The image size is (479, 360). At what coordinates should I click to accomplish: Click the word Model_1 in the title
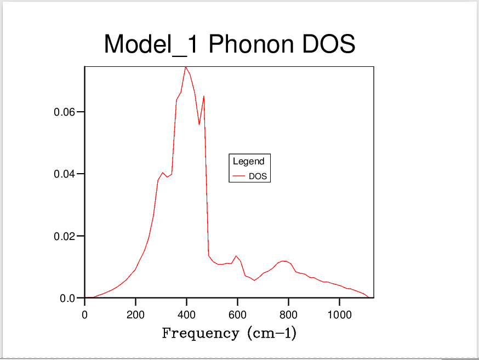click(x=151, y=44)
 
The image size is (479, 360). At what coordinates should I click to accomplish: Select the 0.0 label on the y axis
click(x=68, y=299)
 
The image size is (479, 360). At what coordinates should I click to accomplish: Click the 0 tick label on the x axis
click(x=84, y=315)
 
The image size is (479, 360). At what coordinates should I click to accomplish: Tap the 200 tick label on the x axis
click(x=135, y=315)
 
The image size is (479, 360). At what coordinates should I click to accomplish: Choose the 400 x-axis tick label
click(x=186, y=315)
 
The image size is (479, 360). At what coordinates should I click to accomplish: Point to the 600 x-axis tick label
click(x=237, y=315)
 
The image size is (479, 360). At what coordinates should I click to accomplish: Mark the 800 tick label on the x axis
click(x=288, y=315)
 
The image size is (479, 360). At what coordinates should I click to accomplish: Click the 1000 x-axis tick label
click(x=339, y=315)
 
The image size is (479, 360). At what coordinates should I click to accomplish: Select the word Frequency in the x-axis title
click(x=201, y=333)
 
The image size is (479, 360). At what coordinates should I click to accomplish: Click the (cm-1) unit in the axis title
click(x=272, y=333)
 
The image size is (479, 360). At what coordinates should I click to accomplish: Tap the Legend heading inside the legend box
click(x=249, y=161)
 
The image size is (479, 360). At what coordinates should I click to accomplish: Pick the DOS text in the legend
click(x=258, y=176)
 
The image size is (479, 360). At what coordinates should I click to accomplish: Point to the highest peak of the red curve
click(x=186, y=67)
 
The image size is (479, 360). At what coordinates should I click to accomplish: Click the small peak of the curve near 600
click(x=236, y=256)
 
